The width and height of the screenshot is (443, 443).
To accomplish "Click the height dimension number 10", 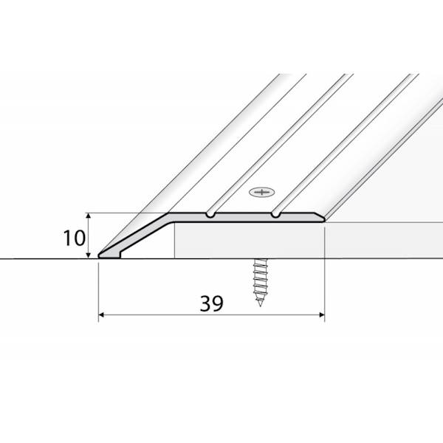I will (72, 238).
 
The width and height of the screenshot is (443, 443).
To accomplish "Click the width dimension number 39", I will (211, 303).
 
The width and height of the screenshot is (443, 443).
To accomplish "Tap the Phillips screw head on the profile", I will (261, 194).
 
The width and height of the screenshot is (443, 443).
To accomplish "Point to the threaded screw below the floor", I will (261, 281).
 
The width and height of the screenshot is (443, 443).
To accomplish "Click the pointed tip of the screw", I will (261, 305).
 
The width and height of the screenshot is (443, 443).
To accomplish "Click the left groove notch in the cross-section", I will (211, 216).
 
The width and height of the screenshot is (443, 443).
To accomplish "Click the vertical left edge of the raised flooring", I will (175, 242).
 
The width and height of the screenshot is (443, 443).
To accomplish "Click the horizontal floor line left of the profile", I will (44, 258).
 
